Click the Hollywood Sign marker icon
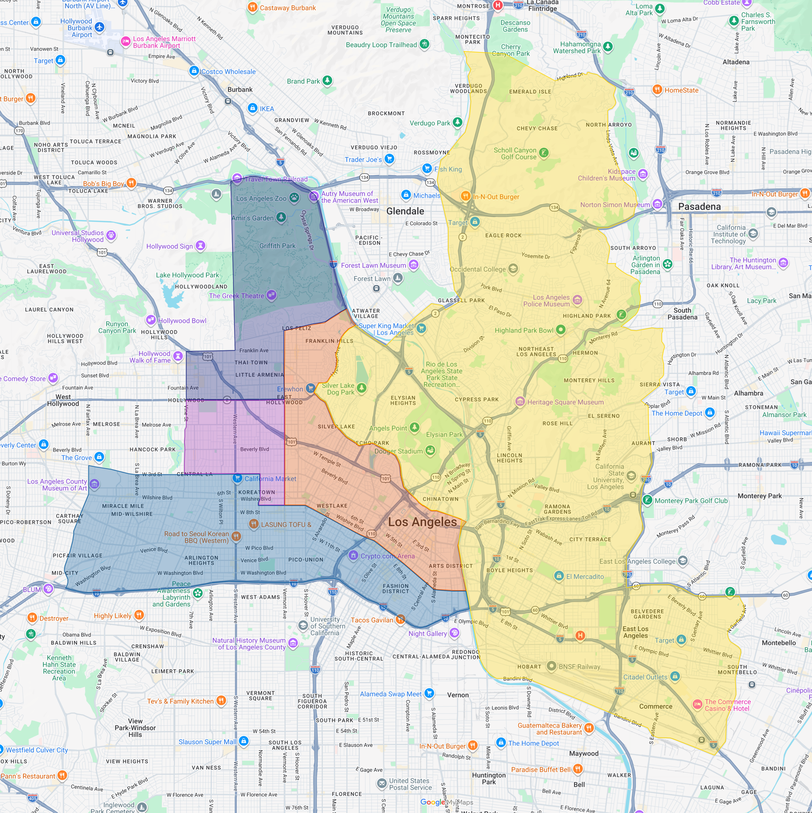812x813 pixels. pos(201,246)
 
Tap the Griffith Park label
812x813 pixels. pos(277,246)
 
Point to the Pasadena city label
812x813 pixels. pos(699,206)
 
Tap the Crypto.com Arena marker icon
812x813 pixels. pos(353,555)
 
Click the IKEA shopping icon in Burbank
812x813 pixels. pos(252,108)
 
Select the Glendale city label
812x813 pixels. pos(405,211)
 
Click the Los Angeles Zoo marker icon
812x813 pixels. pos(294,198)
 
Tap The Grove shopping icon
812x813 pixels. pos(99,457)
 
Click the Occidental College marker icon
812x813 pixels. pos(513,269)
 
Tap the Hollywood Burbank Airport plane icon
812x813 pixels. pos(99,27)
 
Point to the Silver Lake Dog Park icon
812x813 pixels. pos(362,387)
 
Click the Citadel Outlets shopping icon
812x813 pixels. pos(675,676)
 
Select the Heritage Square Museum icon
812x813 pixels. pos(520,401)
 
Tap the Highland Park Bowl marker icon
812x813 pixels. pos(560,330)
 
